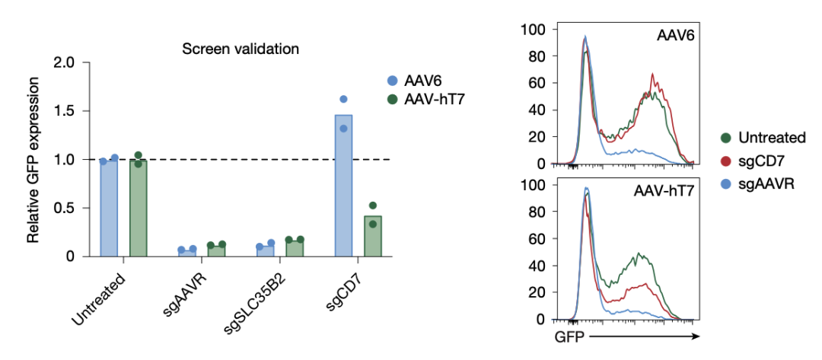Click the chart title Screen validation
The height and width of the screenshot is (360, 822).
click(x=240, y=49)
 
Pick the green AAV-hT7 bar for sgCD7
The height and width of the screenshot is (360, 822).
click(x=372, y=236)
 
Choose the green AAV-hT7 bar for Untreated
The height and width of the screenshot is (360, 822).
click(x=138, y=209)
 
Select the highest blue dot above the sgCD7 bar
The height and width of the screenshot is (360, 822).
click(x=343, y=99)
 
